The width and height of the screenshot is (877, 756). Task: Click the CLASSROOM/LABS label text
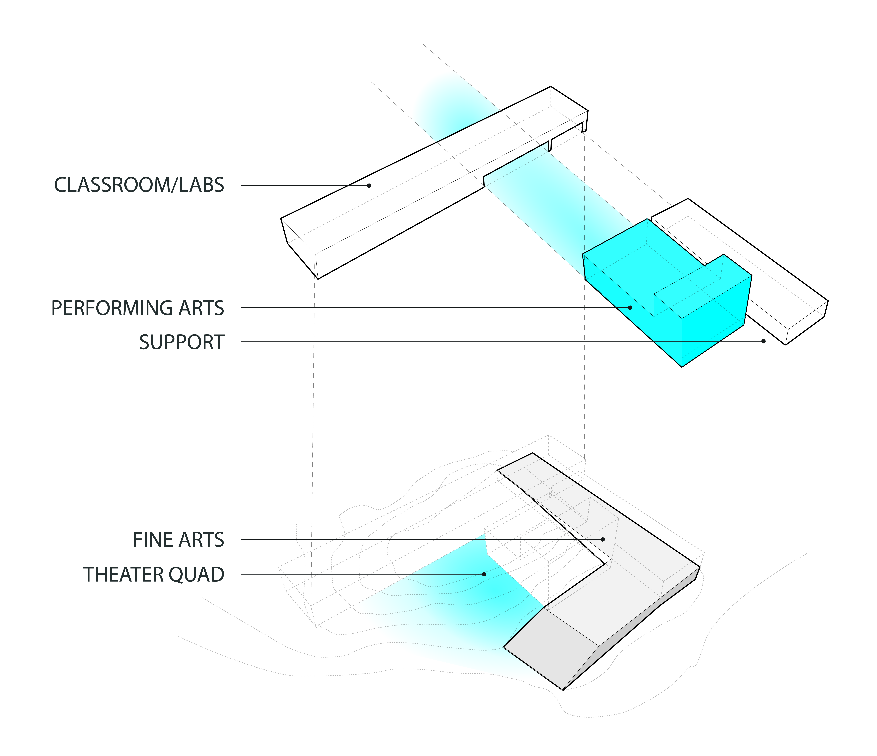139,185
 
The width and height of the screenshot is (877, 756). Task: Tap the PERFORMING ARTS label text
138,308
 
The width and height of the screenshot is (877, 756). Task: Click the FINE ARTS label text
178,540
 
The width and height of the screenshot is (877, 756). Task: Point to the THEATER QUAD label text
154,574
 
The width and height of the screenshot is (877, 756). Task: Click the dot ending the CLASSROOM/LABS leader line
369,185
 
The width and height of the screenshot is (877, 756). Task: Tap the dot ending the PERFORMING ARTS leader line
630,308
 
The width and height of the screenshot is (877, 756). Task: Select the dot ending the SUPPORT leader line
764,341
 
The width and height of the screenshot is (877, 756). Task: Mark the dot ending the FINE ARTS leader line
603,539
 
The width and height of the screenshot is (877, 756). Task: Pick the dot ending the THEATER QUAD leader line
484,574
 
